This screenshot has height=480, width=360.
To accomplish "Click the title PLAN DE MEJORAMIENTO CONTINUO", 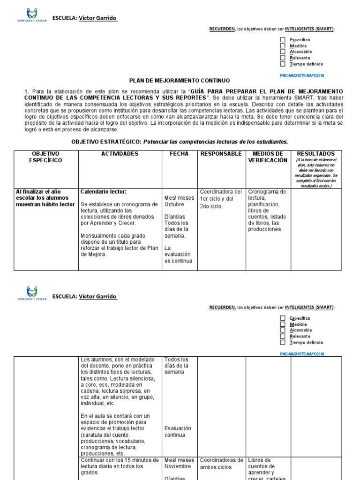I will point(180,81).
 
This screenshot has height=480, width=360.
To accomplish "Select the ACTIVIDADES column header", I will point(120,154).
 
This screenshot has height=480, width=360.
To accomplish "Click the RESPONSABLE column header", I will point(221,154).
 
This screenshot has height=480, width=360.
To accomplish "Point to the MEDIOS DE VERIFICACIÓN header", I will point(268,157).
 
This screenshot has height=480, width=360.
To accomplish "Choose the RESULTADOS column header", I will point(316,154).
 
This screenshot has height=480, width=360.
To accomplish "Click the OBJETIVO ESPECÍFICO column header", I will point(45,157).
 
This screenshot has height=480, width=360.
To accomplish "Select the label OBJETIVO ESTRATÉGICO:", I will point(106,141).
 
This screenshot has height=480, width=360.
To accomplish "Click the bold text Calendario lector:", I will point(104,192).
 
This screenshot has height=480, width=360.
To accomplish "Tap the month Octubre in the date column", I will point(174,204).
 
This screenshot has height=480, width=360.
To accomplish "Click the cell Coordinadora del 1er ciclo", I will point(221,198).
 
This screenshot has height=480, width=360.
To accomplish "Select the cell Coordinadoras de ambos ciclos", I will point(221,464).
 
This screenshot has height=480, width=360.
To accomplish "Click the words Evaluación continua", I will point(178,431).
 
